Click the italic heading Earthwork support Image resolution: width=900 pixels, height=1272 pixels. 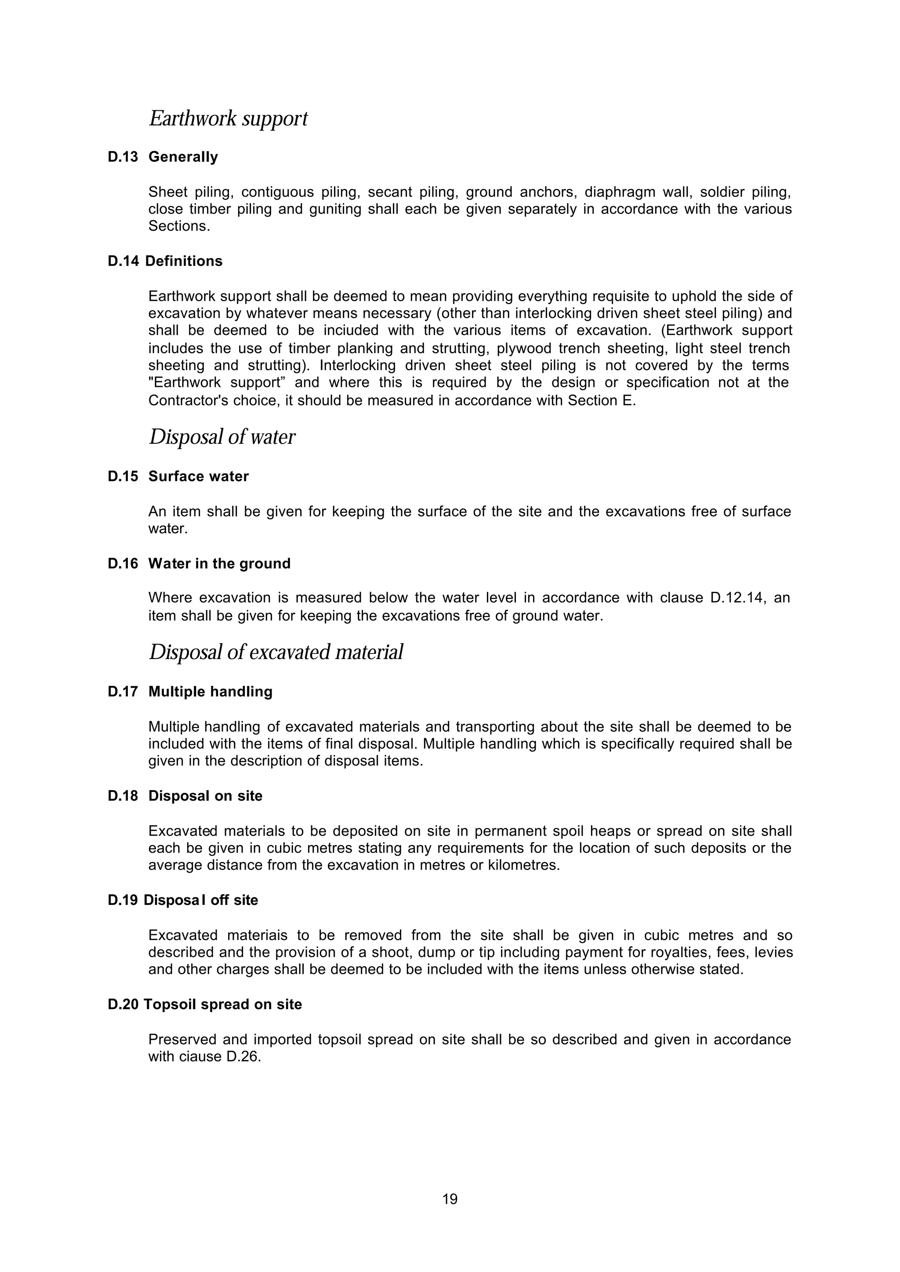228,119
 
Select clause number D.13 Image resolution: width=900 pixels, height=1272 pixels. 123,157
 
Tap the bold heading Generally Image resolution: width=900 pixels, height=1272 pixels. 183,157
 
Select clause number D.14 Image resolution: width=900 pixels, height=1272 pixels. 123,261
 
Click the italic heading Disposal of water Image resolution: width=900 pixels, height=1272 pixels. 221,437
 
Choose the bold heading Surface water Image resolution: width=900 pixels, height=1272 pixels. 198,476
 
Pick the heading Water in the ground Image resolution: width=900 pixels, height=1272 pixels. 219,563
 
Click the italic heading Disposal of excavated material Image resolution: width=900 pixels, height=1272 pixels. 276,652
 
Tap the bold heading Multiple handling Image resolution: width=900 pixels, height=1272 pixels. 210,692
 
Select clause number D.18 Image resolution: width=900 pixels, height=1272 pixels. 123,796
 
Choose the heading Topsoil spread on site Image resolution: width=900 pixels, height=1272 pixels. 222,1004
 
